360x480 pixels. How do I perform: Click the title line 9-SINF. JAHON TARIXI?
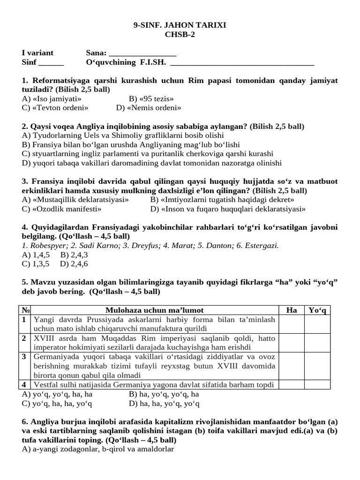(180, 25)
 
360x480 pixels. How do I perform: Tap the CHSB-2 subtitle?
(180, 34)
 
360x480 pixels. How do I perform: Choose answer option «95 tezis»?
(151, 98)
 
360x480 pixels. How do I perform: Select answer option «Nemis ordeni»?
(149, 108)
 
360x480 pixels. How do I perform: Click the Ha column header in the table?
(291, 310)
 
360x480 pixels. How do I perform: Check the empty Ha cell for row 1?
(291, 324)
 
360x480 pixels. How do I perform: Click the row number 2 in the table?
(24, 338)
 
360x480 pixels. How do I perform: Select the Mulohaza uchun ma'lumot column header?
(154, 310)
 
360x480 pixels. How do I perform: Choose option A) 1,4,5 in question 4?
(37, 255)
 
